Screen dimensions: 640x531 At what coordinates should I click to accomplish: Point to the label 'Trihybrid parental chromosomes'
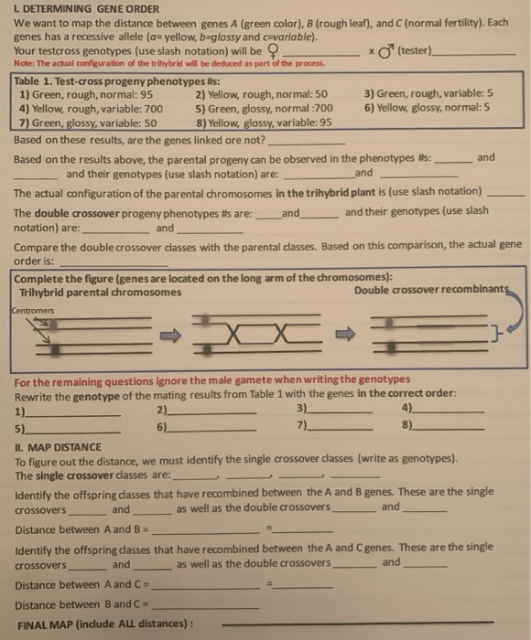click(101, 292)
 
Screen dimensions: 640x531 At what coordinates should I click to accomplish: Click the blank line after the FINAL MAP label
click(366, 625)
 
